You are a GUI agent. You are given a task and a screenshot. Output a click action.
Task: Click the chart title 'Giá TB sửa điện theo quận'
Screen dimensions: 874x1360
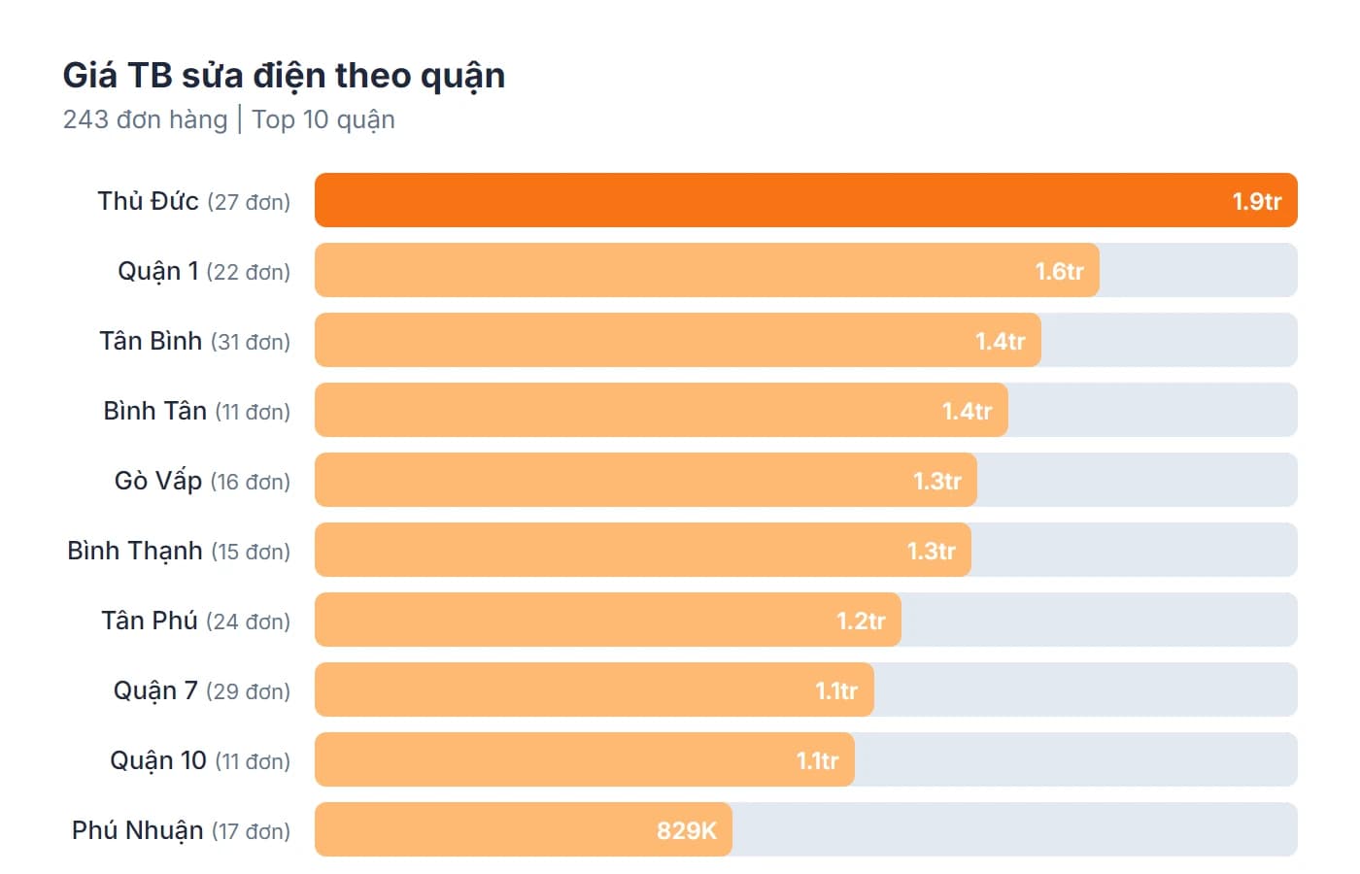coord(284,76)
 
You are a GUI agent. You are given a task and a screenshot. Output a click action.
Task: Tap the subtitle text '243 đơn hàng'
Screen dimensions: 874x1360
coord(145,119)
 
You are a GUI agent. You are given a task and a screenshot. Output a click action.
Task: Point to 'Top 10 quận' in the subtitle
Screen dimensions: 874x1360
coord(323,119)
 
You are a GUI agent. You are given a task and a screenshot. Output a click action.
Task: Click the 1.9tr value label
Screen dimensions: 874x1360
coord(1256,202)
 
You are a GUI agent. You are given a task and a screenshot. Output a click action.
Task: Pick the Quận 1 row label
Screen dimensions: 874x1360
coord(157,271)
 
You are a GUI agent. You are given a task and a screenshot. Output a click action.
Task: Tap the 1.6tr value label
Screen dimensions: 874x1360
coord(1059,272)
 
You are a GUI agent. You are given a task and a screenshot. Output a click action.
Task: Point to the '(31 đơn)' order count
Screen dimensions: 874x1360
coord(251,342)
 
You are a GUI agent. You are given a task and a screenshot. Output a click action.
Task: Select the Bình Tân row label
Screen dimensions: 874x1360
coord(154,411)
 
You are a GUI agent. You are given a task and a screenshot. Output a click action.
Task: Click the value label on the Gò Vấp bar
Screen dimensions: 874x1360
coord(936,482)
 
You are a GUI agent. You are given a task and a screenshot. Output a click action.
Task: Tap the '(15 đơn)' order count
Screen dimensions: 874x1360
coord(251,552)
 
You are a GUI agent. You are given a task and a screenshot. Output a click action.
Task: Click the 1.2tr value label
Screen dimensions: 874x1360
coord(861,622)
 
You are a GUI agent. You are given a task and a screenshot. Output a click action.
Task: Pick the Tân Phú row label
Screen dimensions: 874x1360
coord(150,621)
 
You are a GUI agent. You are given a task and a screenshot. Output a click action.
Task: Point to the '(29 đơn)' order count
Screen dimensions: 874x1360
coord(249,691)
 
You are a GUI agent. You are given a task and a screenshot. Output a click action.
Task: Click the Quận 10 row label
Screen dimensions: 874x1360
coord(157,760)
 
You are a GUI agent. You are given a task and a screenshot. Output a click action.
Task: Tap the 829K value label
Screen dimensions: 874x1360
coord(686,831)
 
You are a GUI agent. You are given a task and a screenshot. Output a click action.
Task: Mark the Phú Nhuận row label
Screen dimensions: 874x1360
coord(137,830)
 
